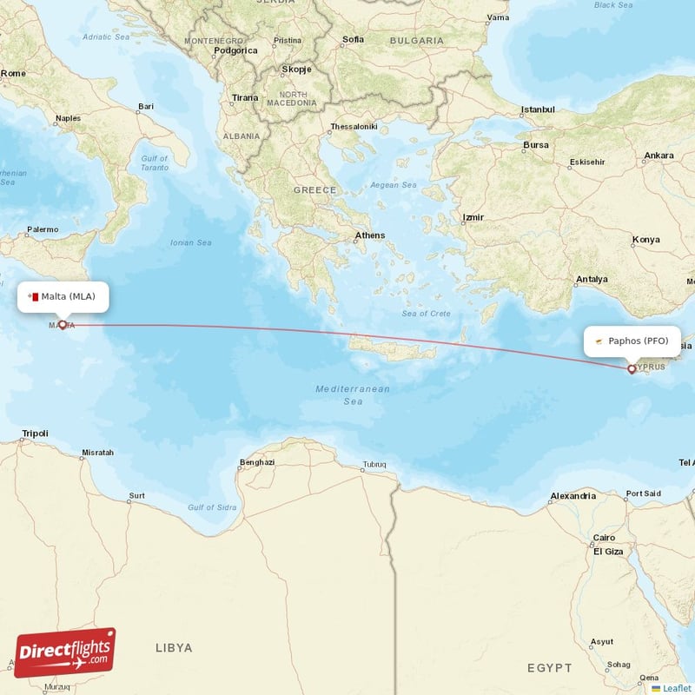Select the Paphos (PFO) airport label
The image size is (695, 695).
coord(632,341)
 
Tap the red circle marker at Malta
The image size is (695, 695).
coord(63,325)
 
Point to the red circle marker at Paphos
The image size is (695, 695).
coord(632,369)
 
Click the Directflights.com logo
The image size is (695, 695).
coord(65,652)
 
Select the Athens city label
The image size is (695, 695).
coord(369,235)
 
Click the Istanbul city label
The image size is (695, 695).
coord(537,110)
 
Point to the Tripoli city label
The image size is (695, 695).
coord(36,434)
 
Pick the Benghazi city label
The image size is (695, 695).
coord(257,462)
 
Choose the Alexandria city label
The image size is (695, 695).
coord(573,497)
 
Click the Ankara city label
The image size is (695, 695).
coord(659,156)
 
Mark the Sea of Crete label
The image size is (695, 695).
coord(427,313)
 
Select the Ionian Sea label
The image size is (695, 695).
coord(191,243)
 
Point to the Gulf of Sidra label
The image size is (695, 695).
coord(212,507)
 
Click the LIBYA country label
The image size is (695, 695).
coord(174,647)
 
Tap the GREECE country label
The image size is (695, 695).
coord(314,189)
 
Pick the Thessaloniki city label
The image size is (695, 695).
coord(354,127)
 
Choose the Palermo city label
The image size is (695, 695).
coord(43,230)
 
